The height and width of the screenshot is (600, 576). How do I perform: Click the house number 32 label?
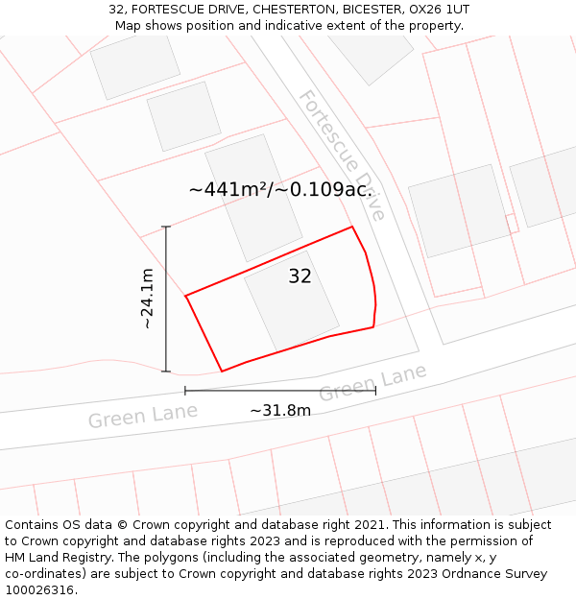click(x=300, y=276)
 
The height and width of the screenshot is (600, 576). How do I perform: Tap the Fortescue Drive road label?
click(x=342, y=155)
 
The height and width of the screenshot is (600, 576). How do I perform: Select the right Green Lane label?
click(x=372, y=384)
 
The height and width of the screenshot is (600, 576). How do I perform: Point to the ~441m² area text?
click(x=231, y=189)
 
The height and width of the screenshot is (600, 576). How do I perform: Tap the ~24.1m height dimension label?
click(x=147, y=299)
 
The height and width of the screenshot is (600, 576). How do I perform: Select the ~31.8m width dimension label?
click(x=280, y=411)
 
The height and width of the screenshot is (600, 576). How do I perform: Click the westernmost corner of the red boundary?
click(x=185, y=296)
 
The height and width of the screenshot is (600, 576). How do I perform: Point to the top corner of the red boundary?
click(x=352, y=228)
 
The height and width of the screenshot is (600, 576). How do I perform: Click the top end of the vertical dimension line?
click(x=166, y=227)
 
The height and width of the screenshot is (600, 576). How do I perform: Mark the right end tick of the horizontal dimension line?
click(x=375, y=391)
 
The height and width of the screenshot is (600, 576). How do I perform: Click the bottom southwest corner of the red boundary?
click(x=222, y=371)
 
